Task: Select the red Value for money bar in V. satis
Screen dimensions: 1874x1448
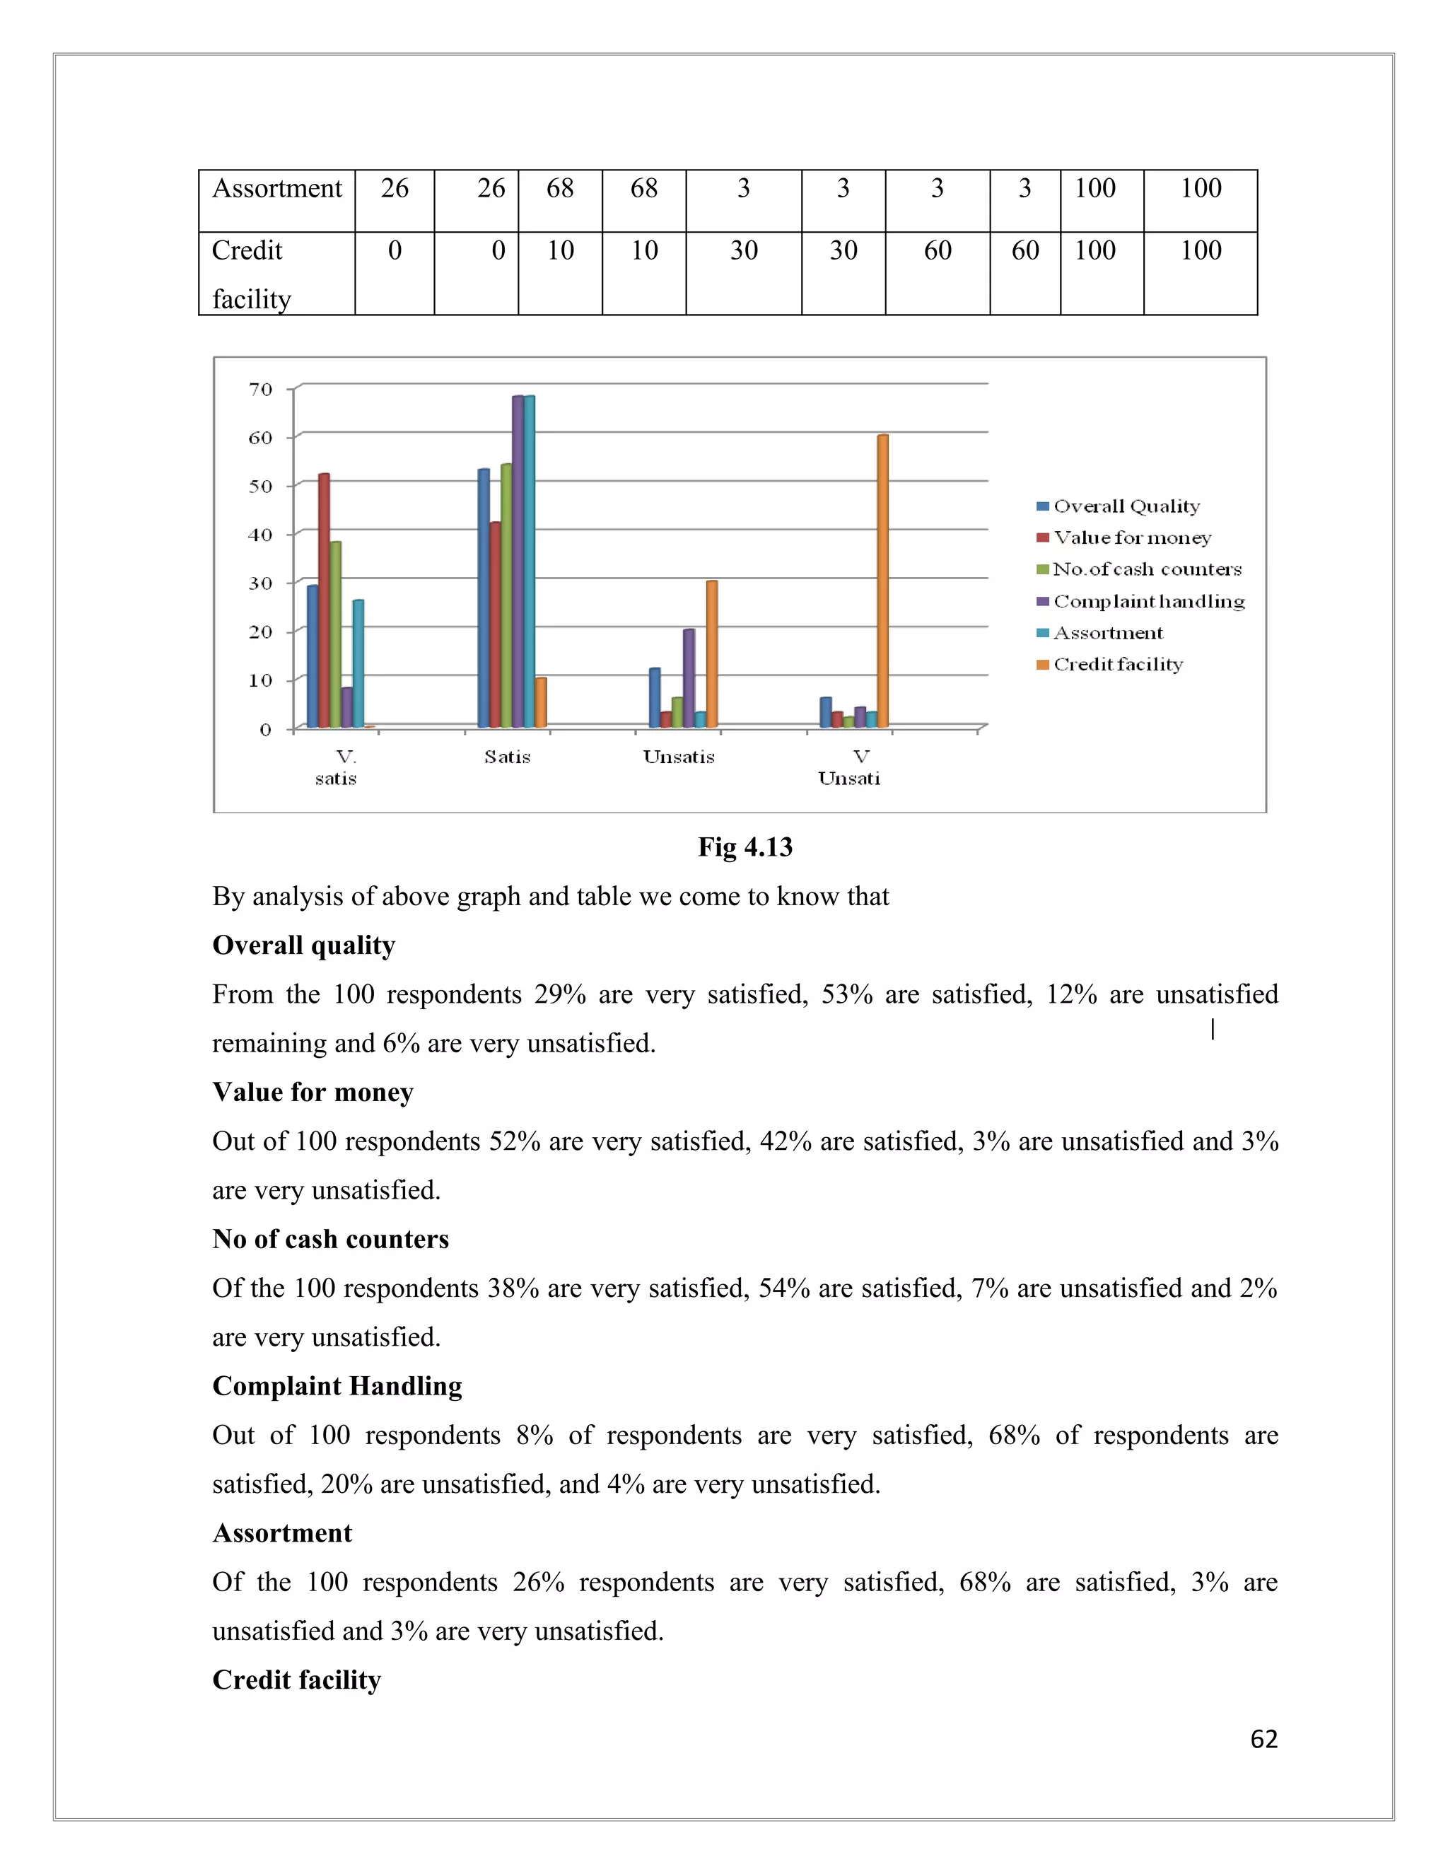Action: pyautogui.click(x=323, y=600)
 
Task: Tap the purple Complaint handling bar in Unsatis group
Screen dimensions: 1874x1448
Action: pyautogui.click(x=689, y=678)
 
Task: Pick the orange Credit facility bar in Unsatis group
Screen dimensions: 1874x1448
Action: pyautogui.click(x=712, y=654)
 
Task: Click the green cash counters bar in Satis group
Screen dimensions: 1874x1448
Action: pyautogui.click(x=506, y=595)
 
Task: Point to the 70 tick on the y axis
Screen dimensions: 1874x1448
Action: pyautogui.click(x=261, y=390)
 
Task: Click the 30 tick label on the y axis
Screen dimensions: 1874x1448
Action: pyautogui.click(x=261, y=583)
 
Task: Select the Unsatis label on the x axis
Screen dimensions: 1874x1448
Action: pyautogui.click(x=679, y=757)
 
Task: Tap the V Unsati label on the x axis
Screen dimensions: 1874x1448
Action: pyautogui.click(x=849, y=767)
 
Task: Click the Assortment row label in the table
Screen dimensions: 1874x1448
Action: pyautogui.click(x=277, y=189)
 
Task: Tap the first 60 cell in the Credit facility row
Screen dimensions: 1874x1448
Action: pyautogui.click(x=938, y=250)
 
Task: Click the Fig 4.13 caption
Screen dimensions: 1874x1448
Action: pyautogui.click(x=745, y=847)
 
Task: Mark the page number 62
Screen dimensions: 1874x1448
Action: pyautogui.click(x=1263, y=1740)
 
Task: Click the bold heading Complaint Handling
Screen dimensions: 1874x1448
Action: pyautogui.click(x=337, y=1386)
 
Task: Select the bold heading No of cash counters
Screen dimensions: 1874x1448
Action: pyautogui.click(x=330, y=1239)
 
